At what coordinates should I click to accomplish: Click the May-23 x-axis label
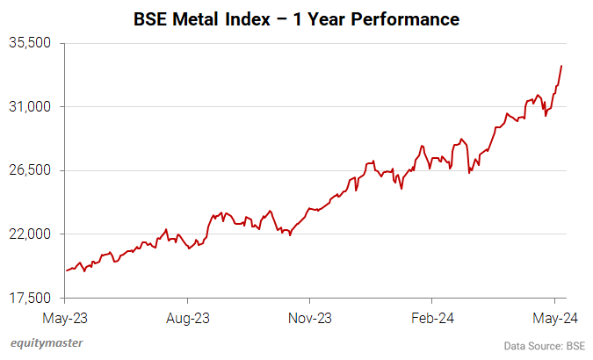click(x=66, y=317)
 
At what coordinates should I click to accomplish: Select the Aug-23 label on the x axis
click(x=188, y=317)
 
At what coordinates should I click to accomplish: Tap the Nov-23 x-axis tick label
click(x=310, y=317)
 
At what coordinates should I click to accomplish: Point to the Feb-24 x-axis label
click(x=433, y=317)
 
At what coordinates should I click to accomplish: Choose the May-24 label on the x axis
click(x=553, y=317)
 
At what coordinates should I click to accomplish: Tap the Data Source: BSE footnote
click(x=544, y=345)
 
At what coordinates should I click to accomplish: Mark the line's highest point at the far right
click(x=561, y=66)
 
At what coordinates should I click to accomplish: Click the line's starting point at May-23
click(x=67, y=270)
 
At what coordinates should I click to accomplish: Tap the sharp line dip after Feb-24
click(x=470, y=172)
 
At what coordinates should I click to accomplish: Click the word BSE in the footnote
click(x=574, y=345)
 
